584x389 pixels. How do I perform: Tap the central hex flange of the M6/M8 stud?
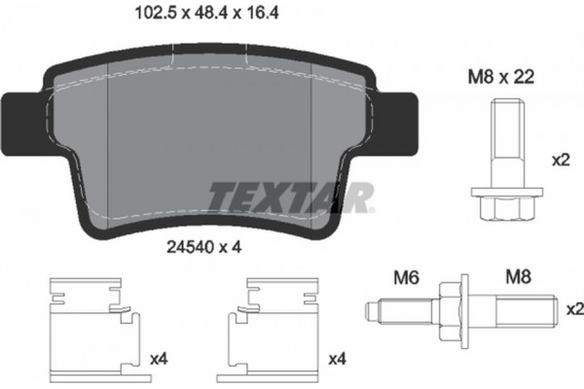[449, 308]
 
